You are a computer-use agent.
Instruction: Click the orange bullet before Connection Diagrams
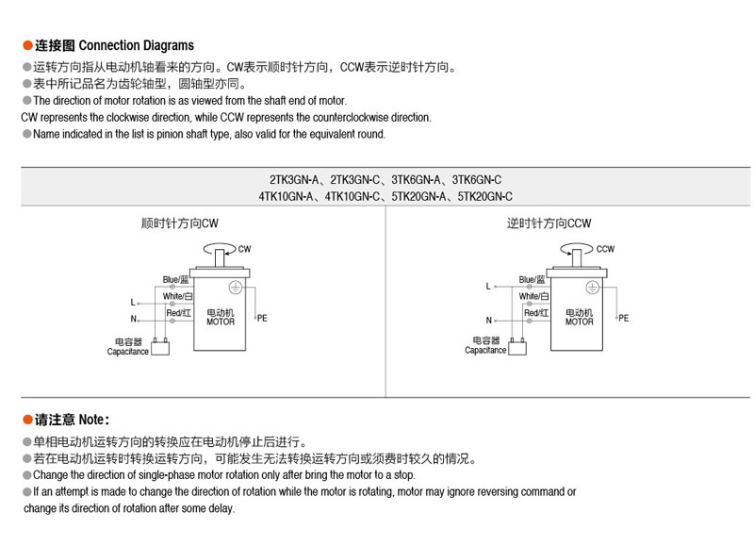tap(27, 45)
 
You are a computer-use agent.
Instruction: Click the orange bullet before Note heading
tap(27, 420)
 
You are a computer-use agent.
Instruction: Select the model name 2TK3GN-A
tap(294, 180)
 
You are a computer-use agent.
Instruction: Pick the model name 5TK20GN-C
tap(484, 196)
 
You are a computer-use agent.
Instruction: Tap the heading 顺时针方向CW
tap(180, 223)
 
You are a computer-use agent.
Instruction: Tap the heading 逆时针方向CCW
tap(549, 223)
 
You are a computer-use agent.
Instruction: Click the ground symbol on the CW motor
tap(235, 288)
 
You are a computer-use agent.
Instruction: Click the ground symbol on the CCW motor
tap(592, 288)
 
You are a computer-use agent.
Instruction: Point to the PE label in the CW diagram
tap(262, 318)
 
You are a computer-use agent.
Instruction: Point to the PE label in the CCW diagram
tap(623, 318)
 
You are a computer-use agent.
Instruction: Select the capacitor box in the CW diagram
tap(160, 347)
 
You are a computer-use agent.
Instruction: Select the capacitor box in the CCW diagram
tap(517, 347)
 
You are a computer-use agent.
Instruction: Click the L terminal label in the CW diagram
tap(133, 302)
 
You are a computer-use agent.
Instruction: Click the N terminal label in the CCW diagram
tap(488, 320)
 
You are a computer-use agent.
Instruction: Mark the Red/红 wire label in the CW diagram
tap(179, 313)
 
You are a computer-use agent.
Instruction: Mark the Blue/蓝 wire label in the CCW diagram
tap(532, 279)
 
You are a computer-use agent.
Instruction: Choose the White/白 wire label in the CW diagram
tap(177, 296)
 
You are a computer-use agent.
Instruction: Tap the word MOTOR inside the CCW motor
tap(579, 322)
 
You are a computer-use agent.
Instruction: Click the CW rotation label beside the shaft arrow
tap(244, 249)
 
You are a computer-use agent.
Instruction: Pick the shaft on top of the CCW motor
tap(577, 258)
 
